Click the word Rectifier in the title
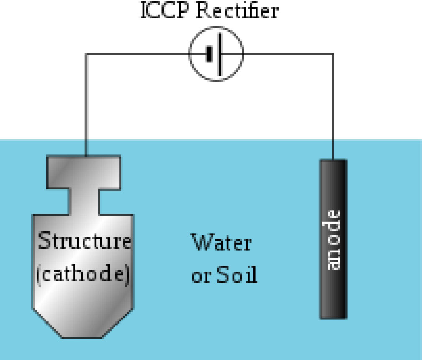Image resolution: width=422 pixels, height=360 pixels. (237, 11)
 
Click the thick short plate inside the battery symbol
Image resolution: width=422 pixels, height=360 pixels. (210, 54)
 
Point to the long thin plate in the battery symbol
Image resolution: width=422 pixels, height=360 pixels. (219, 54)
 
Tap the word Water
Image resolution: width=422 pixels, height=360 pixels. (221, 243)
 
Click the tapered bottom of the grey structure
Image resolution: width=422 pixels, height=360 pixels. (83, 322)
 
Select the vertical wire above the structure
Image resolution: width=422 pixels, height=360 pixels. (86, 105)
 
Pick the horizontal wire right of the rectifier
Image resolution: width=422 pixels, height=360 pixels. (289, 54)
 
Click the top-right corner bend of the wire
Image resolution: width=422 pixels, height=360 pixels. (333, 54)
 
